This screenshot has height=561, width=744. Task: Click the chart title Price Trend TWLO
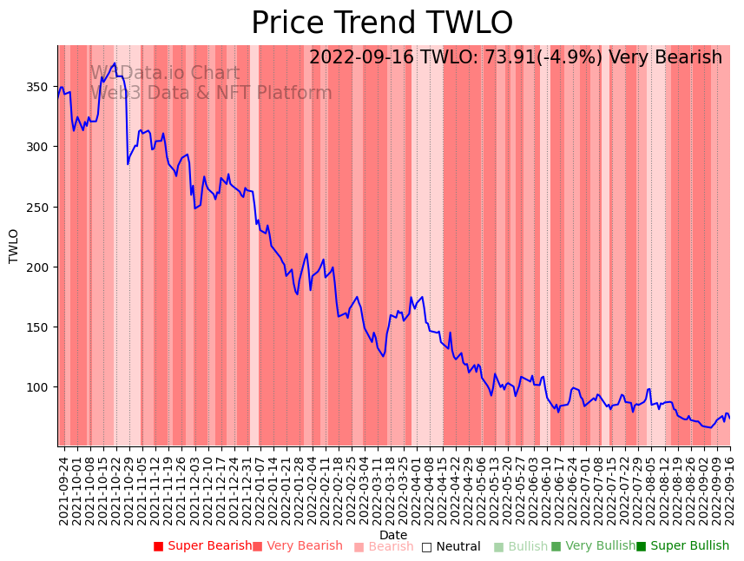(382, 23)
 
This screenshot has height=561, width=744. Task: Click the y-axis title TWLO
(14, 246)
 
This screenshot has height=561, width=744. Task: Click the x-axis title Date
(393, 535)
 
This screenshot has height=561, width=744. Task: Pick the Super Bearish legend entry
(203, 546)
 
